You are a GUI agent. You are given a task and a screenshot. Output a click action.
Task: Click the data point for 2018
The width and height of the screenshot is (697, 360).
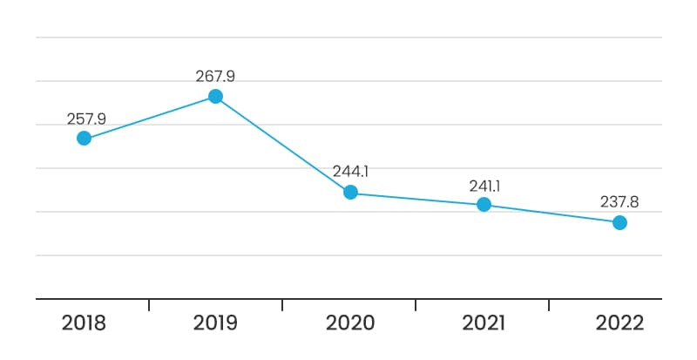tap(84, 139)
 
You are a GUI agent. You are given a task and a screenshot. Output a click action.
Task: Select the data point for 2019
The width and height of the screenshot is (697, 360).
tap(215, 96)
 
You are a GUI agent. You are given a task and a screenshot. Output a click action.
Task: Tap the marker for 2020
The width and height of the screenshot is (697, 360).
tap(351, 193)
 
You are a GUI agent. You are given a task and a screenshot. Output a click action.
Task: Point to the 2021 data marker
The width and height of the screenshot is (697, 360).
tap(484, 205)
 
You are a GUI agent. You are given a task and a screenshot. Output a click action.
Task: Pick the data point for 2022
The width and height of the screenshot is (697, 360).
tap(619, 222)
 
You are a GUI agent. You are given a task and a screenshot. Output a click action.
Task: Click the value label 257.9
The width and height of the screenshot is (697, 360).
tap(86, 119)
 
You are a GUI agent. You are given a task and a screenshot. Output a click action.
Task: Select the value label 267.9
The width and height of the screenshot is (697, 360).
tap(215, 77)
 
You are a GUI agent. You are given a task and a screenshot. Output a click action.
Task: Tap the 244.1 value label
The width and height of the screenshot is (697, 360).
tap(351, 172)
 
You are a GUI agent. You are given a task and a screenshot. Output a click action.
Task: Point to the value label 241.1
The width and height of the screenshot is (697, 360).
tap(484, 187)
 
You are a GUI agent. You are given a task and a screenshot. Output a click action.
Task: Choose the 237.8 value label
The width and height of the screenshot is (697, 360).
tap(619, 202)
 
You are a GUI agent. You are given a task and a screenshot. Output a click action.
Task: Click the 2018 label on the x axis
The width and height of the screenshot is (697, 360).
tap(84, 323)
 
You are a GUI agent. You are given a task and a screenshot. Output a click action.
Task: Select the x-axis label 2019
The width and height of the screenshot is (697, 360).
tap(215, 323)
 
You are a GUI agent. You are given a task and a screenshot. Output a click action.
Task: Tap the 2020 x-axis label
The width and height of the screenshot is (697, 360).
tap(350, 323)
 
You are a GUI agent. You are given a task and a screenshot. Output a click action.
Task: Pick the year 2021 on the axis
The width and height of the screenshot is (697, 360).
tap(484, 323)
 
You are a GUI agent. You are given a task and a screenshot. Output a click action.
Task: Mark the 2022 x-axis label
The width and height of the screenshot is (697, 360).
tap(619, 323)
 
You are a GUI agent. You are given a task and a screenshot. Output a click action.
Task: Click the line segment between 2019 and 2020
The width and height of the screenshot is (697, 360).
tap(283, 144)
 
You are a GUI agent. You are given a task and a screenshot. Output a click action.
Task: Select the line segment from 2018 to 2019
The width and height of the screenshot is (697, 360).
tap(150, 117)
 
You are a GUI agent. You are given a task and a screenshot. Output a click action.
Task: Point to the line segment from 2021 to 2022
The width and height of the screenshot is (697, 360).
tap(552, 214)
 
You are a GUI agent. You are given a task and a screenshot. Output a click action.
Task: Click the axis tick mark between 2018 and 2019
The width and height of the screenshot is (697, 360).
tap(149, 305)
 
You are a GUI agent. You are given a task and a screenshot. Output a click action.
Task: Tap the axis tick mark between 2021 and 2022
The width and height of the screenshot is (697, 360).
tap(549, 305)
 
